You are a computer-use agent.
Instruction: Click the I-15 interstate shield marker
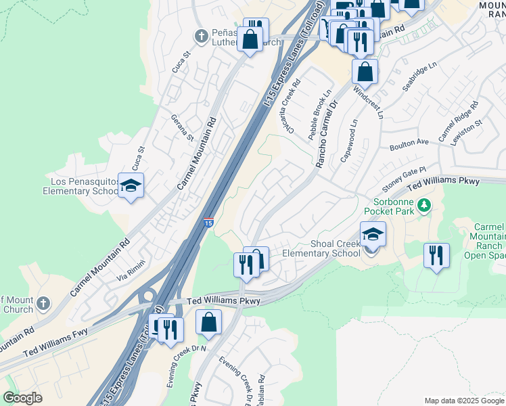pos(209,223)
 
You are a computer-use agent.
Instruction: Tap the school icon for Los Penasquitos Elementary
pos(131,185)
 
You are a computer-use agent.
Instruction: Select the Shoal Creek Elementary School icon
pos(373,234)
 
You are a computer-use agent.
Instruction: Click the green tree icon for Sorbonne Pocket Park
pos(424,204)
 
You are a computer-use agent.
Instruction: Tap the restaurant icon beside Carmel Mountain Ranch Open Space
pos(436,256)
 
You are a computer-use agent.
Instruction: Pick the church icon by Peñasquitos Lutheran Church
pos(200,35)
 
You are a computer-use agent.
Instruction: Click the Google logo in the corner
pos(22,398)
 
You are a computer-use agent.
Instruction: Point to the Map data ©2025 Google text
pos(463,401)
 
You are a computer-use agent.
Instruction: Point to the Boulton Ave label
pos(409,143)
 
